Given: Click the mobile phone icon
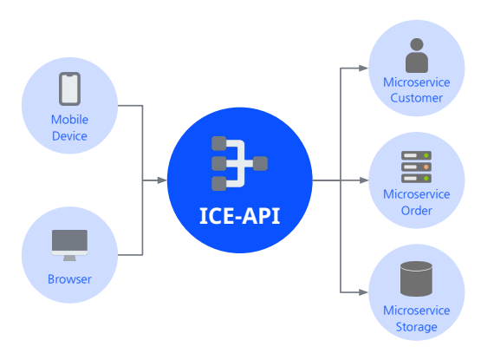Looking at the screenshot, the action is point(69,88).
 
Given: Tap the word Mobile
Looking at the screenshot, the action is point(69,120).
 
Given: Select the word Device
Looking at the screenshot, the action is point(69,136).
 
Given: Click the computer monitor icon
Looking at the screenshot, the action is point(69,245).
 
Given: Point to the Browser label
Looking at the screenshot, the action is point(69,279).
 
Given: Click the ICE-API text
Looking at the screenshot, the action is point(240,216).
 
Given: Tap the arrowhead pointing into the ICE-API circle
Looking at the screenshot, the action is point(162,180).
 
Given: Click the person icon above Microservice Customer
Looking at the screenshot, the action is point(417,56).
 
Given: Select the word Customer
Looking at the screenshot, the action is point(417,98).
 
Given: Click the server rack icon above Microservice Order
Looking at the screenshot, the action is point(417,167).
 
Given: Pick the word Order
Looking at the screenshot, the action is point(417,211).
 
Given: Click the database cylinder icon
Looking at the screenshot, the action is point(417,278).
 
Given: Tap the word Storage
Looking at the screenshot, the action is point(417,327).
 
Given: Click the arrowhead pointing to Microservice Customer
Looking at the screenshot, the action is point(364,68).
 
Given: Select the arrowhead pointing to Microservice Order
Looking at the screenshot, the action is point(364,180).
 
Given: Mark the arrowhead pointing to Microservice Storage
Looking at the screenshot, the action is point(364,292).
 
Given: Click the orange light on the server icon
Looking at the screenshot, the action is point(426,167).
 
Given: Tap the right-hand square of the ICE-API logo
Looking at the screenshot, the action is point(260,164).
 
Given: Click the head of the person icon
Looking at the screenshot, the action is point(417,44).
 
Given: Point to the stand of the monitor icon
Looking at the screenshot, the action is point(69,259).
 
